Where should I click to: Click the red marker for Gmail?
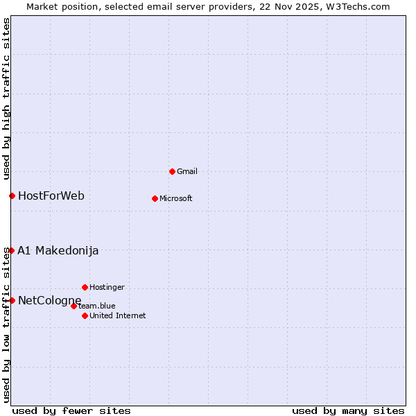click(172, 171)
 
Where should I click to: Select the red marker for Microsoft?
click(155, 198)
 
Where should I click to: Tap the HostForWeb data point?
click(12, 196)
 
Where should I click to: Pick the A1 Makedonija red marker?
click(12, 250)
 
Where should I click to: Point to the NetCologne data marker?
click(12, 300)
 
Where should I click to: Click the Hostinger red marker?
click(85, 287)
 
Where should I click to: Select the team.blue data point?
click(73, 306)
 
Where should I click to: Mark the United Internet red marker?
click(85, 315)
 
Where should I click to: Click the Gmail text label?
click(187, 171)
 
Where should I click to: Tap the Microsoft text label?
click(175, 198)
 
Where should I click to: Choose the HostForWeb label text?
click(51, 196)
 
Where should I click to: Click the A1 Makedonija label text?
click(58, 250)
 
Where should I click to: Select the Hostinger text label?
click(107, 287)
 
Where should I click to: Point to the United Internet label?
click(117, 315)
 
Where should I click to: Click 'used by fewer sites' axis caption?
click(71, 410)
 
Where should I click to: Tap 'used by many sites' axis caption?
click(348, 410)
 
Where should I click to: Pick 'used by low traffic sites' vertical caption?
click(6, 324)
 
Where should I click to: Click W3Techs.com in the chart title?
click(357, 6)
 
